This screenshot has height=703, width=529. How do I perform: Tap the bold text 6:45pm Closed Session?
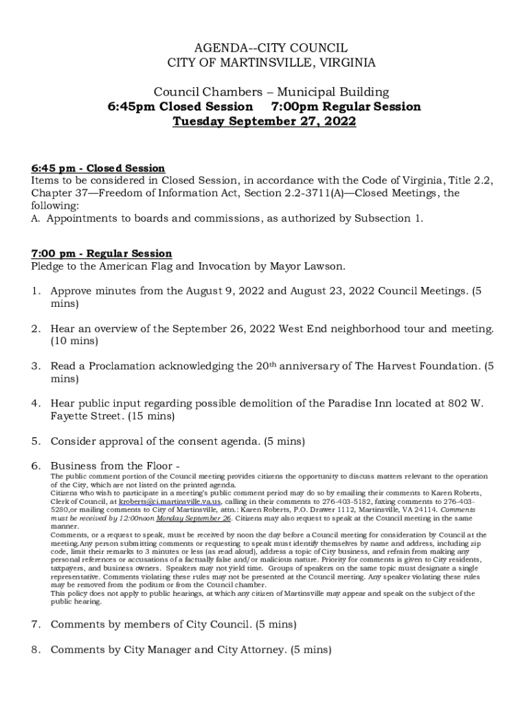(x=180, y=107)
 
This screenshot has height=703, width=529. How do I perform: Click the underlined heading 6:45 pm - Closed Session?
(x=98, y=168)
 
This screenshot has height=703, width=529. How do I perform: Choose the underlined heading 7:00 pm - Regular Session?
(x=102, y=254)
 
